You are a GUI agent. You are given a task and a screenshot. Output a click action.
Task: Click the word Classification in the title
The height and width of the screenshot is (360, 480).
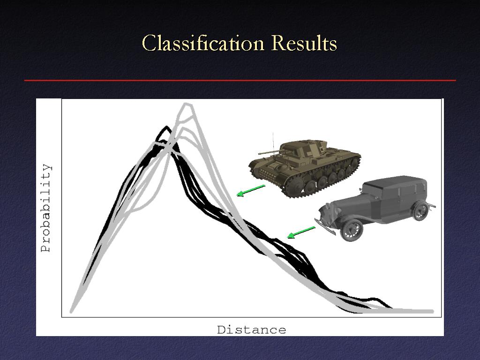(203, 43)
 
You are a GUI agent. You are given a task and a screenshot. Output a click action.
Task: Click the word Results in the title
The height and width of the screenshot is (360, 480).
(304, 43)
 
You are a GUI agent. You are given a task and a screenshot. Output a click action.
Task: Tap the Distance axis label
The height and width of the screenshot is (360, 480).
(251, 330)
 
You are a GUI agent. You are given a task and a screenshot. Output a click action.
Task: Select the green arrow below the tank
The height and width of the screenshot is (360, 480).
(251, 190)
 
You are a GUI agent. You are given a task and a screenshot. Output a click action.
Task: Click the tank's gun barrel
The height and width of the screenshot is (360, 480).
(269, 152)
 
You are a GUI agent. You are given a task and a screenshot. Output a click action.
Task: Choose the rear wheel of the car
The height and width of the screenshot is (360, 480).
(420, 210)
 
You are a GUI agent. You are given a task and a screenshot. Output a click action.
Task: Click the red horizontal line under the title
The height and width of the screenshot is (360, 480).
(240, 81)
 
